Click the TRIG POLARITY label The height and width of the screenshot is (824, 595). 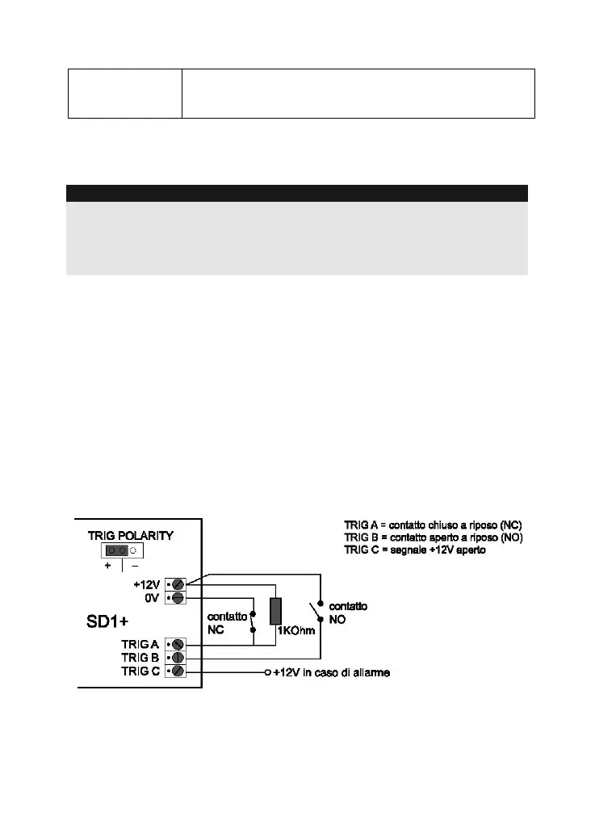point(130,535)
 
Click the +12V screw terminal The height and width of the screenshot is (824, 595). point(178,583)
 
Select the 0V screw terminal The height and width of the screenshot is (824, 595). point(178,597)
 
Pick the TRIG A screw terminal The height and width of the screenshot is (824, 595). point(178,644)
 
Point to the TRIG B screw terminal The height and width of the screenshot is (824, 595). point(178,658)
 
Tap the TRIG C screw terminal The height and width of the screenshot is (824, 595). point(178,671)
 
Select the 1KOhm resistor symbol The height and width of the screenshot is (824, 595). point(275,611)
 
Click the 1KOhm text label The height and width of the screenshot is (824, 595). point(295,630)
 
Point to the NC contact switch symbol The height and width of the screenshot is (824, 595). point(254,622)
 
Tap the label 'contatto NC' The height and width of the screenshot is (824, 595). point(227,622)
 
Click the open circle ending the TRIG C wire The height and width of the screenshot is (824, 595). point(267,672)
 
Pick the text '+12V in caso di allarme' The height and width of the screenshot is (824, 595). point(331,672)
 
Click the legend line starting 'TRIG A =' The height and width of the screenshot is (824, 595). point(433,525)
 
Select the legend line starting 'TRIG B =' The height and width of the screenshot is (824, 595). point(434,537)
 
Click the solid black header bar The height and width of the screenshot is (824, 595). point(296,193)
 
